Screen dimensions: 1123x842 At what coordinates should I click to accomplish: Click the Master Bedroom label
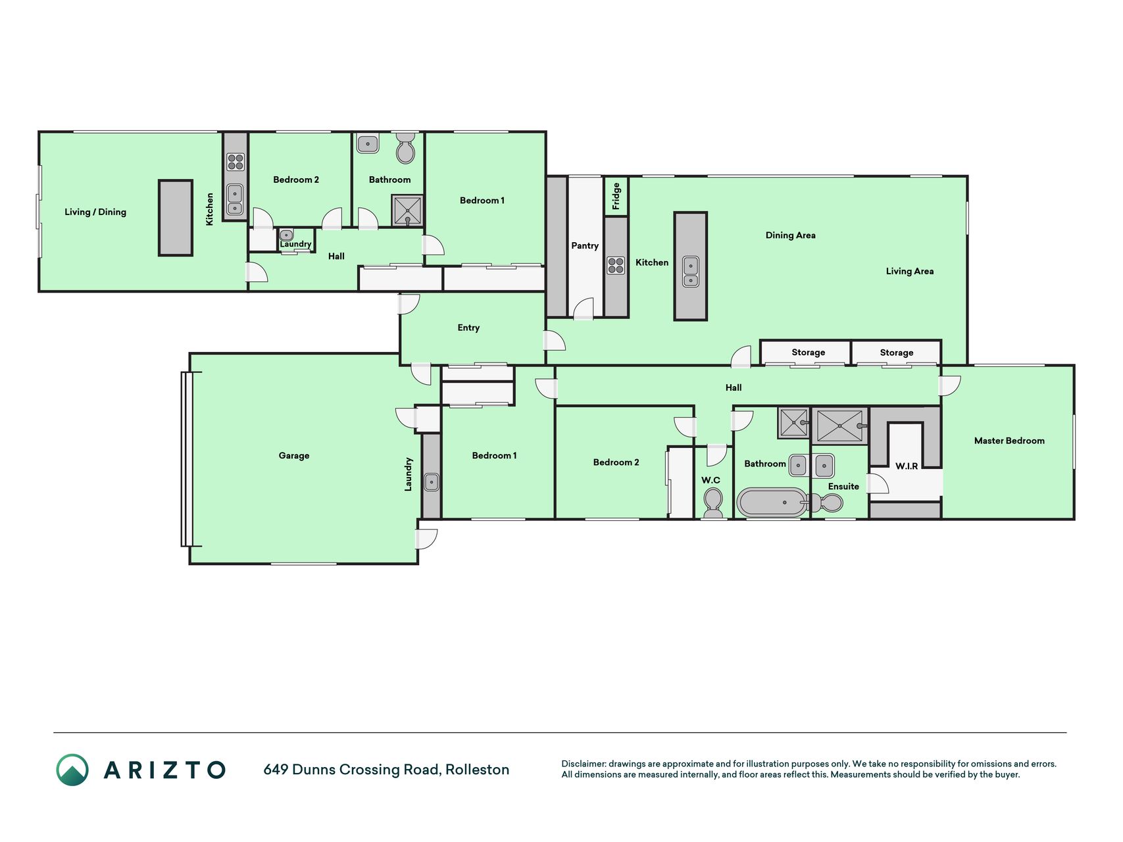(x=1009, y=441)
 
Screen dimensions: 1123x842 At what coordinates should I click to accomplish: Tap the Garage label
(x=294, y=456)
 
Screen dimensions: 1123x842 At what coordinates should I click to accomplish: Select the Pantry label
(x=585, y=246)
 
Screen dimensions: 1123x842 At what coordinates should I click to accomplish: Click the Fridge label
(x=616, y=196)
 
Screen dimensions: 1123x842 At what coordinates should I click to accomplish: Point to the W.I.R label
(x=907, y=466)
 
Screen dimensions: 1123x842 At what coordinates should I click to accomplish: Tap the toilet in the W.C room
(x=713, y=503)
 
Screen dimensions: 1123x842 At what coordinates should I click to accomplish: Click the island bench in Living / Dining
(x=176, y=218)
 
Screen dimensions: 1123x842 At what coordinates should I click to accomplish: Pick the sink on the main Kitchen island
(x=691, y=272)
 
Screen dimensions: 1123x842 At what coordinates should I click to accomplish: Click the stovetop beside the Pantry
(x=616, y=266)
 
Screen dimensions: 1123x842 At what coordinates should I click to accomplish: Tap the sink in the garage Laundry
(x=432, y=482)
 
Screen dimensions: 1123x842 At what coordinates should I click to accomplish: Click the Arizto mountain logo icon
(x=72, y=770)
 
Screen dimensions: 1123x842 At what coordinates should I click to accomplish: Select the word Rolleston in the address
(x=478, y=770)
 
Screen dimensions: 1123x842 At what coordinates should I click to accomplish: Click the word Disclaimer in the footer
(x=584, y=764)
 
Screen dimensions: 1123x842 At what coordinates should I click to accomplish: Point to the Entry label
(x=468, y=328)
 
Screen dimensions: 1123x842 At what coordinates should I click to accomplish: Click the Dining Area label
(x=791, y=235)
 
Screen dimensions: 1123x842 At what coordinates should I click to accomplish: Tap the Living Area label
(x=910, y=272)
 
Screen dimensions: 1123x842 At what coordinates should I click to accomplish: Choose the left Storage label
(x=809, y=353)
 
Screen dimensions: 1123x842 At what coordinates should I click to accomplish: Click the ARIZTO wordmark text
(x=165, y=770)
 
